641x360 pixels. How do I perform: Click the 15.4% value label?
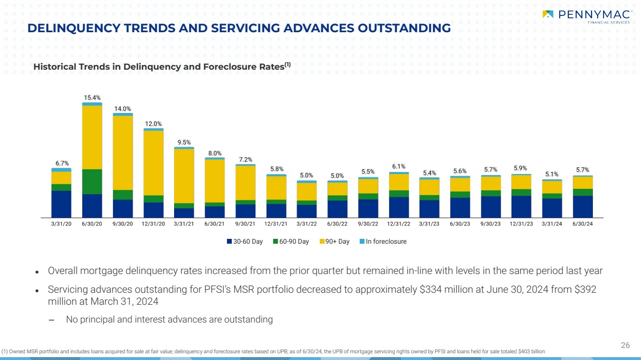[x=92, y=98]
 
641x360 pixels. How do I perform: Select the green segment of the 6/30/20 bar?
[x=92, y=182]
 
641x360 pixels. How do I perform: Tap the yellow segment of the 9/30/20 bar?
[x=123, y=153]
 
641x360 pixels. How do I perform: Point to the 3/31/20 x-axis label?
[x=61, y=224]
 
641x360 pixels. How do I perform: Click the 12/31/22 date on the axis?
[x=399, y=224]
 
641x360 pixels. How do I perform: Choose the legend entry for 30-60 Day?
[x=245, y=242]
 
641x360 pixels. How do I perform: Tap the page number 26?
[x=625, y=345]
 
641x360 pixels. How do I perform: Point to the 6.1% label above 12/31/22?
[x=399, y=167]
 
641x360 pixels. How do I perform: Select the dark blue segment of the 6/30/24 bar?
[x=582, y=206]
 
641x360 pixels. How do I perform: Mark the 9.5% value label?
[x=184, y=142]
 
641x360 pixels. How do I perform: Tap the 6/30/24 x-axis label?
[x=582, y=224]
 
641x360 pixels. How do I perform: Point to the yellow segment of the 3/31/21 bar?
[x=184, y=176]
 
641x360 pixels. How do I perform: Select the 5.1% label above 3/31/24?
[x=552, y=174]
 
